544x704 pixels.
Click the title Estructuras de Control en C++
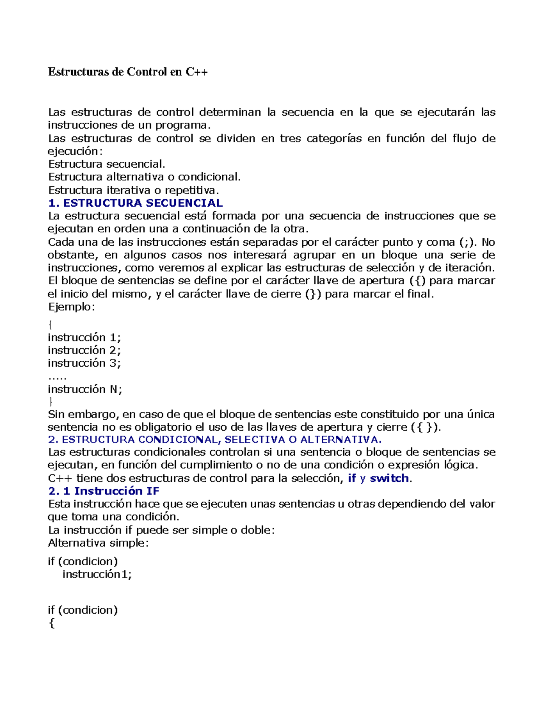[x=128, y=72]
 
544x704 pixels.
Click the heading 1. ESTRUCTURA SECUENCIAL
[x=135, y=203]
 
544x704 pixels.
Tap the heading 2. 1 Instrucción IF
[x=103, y=491]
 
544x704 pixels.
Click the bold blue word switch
[x=389, y=478]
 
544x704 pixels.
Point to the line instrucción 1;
[x=84, y=337]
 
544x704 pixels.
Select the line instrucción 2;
[x=84, y=350]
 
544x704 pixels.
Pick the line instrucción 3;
[x=84, y=363]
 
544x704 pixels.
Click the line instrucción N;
[x=85, y=389]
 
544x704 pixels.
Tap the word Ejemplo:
[x=72, y=306]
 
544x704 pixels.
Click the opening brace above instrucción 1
[x=50, y=325]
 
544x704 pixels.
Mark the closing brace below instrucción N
[x=50, y=401]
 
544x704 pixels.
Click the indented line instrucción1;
[x=97, y=574]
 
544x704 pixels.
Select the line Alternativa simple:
[x=98, y=543]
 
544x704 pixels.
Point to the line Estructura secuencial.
[x=107, y=164]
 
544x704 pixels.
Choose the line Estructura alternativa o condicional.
[x=144, y=177]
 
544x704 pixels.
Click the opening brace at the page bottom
[x=51, y=624]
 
